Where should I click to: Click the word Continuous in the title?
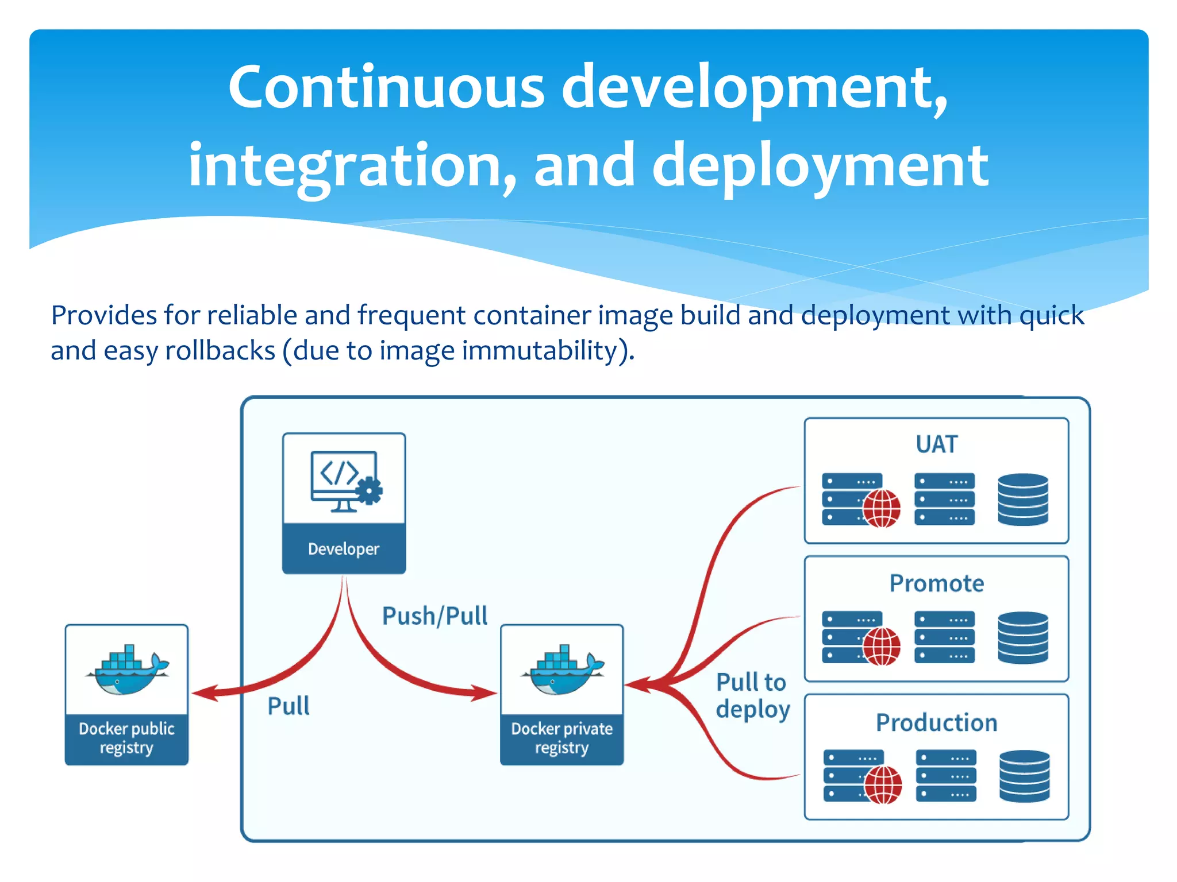(386, 87)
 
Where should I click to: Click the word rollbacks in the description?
(220, 351)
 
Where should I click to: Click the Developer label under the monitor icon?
(344, 549)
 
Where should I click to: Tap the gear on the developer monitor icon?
(368, 492)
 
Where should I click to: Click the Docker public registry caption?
(126, 738)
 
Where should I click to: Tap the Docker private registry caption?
(562, 738)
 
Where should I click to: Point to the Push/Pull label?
(434, 616)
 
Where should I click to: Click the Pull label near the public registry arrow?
(289, 706)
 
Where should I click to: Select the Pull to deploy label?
(752, 696)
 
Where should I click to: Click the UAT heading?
(936, 444)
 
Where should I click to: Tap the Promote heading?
(936, 583)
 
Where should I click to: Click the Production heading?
(936, 722)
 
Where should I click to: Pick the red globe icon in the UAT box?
(881, 508)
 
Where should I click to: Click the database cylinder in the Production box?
(1024, 776)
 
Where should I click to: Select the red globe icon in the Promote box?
(881, 647)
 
